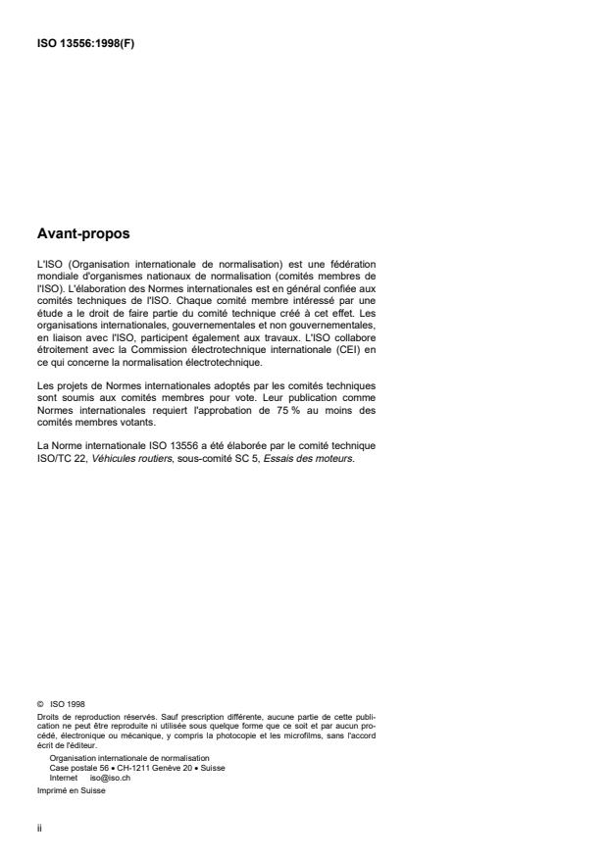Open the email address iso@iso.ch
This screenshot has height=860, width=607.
tap(107, 775)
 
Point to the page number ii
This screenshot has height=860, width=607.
tap(36, 826)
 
